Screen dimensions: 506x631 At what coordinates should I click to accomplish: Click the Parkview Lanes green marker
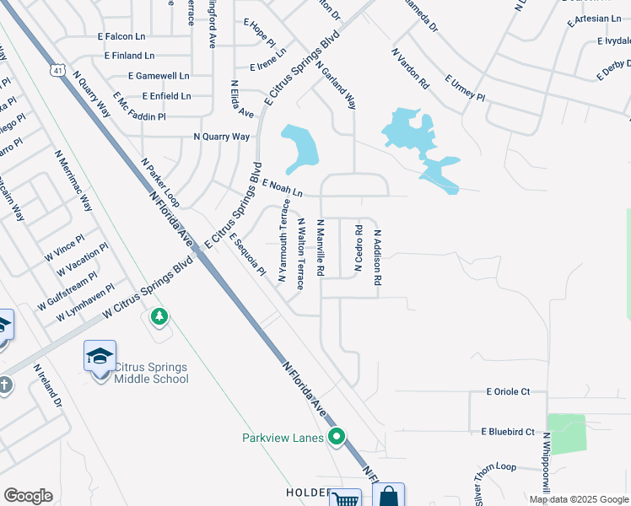coord(337,437)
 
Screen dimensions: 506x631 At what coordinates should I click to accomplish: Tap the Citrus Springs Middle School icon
coord(100,357)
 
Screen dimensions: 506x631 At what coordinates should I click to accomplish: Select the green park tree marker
coord(159,317)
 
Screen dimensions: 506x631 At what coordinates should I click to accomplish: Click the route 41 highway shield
coord(56,67)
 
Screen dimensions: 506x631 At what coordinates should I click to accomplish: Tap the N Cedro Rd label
coord(359,248)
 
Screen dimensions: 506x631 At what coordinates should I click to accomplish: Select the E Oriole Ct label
coord(508,391)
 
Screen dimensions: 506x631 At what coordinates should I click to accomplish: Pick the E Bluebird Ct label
coord(508,432)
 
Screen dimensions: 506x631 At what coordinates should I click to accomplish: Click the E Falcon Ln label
coord(123,37)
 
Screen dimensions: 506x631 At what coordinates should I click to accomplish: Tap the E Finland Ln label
coord(129,56)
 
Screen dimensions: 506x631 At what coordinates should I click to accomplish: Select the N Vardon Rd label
coord(411,68)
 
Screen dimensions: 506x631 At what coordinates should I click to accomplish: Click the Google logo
coord(28,496)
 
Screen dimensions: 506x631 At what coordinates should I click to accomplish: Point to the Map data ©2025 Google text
coord(578,499)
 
